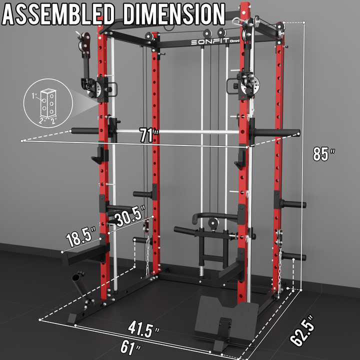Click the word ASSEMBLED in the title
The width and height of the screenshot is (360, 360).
[x=58, y=14]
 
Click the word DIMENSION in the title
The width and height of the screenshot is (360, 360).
[x=174, y=14]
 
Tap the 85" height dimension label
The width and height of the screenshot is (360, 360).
[x=323, y=154]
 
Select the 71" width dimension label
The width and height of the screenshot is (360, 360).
[x=149, y=135]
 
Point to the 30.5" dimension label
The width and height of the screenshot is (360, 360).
[x=130, y=216]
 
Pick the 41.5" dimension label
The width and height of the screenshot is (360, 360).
[x=143, y=329]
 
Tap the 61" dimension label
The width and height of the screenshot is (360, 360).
[x=130, y=347]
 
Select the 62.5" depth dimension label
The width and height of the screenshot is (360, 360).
[x=302, y=330]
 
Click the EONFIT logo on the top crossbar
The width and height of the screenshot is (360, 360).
[x=215, y=41]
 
